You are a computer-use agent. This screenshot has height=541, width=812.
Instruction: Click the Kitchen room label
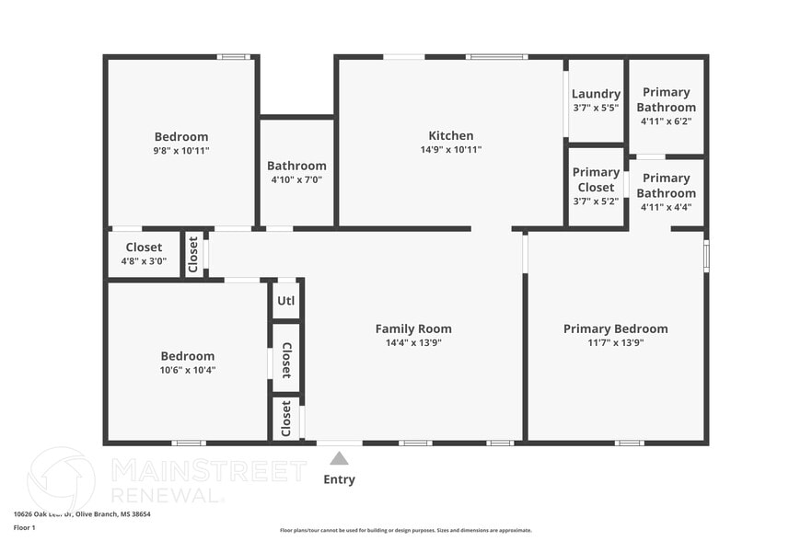click(450, 135)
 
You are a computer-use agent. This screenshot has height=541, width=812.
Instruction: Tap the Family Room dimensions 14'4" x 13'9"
click(413, 343)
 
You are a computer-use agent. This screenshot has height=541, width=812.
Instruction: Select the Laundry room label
click(596, 94)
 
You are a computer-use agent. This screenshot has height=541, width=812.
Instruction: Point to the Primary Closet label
click(596, 179)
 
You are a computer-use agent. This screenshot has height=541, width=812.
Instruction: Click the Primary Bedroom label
click(615, 328)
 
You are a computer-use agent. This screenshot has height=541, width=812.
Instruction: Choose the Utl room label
click(286, 300)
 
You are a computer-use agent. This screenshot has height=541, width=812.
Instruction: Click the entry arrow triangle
click(339, 458)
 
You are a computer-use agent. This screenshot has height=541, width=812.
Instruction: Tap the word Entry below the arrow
click(339, 479)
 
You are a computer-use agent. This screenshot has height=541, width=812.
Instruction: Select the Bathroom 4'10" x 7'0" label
click(296, 173)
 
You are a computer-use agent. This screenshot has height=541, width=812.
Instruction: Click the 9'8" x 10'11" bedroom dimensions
click(181, 151)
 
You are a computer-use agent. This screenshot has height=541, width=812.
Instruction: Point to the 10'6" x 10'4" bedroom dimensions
click(188, 370)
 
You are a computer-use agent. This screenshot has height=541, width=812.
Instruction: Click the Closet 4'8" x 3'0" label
click(144, 254)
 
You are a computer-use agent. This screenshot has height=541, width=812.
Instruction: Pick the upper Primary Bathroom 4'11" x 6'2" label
click(666, 107)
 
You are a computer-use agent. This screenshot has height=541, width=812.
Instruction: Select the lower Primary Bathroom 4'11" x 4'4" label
click(666, 192)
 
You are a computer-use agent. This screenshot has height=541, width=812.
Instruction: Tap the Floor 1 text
click(24, 527)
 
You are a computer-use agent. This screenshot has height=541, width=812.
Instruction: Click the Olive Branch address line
click(82, 514)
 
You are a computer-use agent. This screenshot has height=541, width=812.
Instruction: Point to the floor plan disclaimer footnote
click(405, 530)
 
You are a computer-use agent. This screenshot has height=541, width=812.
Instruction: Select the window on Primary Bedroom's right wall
click(706, 256)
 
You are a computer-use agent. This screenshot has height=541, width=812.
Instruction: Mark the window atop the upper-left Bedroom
click(233, 57)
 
